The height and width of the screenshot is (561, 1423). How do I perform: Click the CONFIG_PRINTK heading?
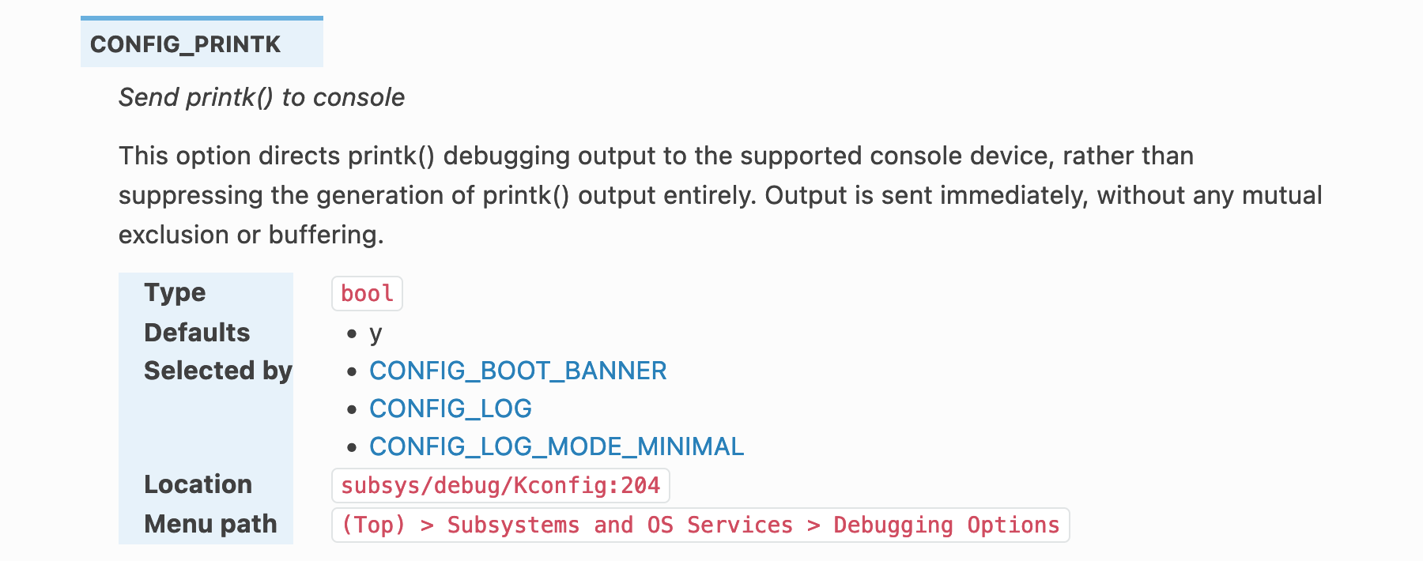[x=185, y=44]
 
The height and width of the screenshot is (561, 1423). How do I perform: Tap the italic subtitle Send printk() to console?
[x=261, y=97]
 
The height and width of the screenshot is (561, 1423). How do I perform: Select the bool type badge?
[x=367, y=293]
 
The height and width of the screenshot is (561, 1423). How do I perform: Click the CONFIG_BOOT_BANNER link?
[x=518, y=371]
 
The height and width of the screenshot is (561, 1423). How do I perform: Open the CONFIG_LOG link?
[x=450, y=409]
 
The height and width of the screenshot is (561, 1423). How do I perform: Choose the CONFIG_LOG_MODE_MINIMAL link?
[x=557, y=446]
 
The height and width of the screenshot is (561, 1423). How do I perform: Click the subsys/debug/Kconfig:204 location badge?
[x=500, y=485]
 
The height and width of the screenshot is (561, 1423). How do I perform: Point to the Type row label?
[x=175, y=292]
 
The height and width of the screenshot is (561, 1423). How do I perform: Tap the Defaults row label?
[x=197, y=333]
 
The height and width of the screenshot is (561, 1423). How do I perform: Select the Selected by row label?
[x=218, y=371]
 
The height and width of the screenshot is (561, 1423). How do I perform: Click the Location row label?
[x=198, y=484]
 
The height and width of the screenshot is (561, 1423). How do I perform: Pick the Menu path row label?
[x=210, y=524]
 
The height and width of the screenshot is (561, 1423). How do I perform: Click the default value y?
[x=376, y=334]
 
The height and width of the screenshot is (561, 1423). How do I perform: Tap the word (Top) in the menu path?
[x=373, y=525]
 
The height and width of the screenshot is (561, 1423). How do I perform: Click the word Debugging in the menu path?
[x=893, y=525]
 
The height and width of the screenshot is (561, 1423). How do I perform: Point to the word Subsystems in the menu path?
[x=513, y=525]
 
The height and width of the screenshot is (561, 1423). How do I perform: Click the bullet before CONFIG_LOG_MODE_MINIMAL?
[x=352, y=447]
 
